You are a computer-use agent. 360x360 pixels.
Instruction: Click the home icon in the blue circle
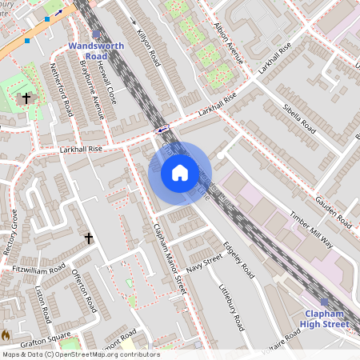(180, 172)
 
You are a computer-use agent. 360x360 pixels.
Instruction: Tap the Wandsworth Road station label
(96, 51)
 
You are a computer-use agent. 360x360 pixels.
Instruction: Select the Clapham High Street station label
(325, 318)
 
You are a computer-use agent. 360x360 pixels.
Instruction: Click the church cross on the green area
(26, 98)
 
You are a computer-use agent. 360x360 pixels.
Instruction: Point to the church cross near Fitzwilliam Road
(89, 238)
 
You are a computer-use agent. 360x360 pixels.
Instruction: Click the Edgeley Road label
(238, 260)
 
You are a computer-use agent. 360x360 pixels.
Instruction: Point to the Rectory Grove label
(10, 232)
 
